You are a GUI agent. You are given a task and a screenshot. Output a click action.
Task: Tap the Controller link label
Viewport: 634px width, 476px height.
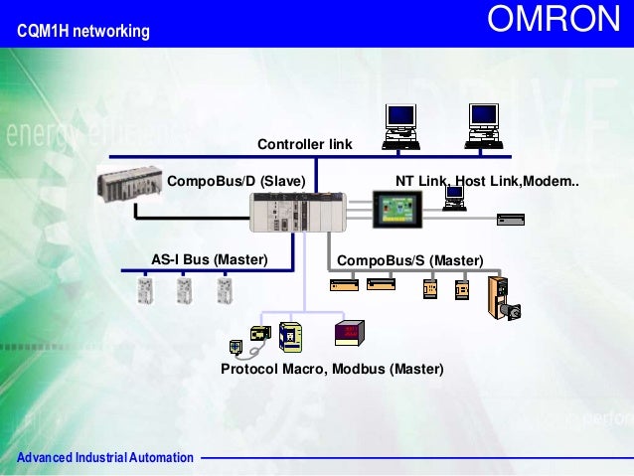(305, 144)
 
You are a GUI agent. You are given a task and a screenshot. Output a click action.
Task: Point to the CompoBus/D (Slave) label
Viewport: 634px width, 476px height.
(236, 182)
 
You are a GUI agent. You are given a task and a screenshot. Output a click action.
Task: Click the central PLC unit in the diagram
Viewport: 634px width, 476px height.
(294, 213)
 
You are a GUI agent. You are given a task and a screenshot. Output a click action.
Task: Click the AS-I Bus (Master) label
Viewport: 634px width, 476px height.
(210, 259)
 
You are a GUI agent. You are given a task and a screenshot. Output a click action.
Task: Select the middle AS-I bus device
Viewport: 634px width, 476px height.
(183, 289)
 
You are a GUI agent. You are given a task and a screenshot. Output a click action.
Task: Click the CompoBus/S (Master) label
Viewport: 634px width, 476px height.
(410, 260)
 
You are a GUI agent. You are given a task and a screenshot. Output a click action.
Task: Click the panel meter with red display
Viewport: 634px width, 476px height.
(351, 333)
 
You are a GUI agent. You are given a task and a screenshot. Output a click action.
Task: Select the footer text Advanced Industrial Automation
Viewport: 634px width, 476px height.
(99, 457)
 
